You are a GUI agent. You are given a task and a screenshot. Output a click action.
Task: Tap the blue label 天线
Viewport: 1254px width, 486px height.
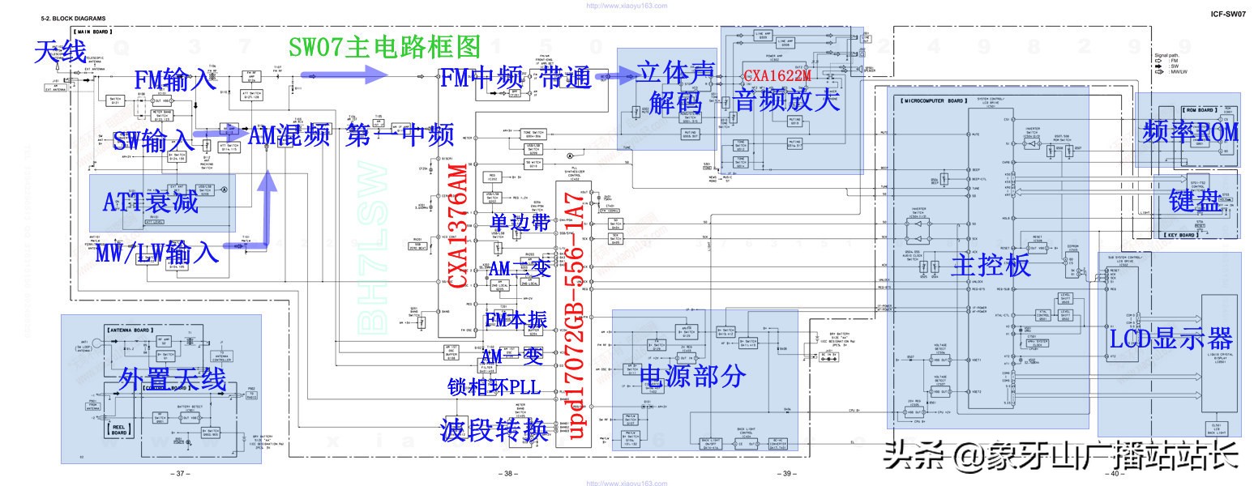coord(59,53)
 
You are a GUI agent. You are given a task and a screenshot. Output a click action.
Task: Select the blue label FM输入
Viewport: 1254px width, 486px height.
coord(176,80)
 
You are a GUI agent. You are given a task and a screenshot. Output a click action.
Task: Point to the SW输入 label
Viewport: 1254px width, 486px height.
coord(153,139)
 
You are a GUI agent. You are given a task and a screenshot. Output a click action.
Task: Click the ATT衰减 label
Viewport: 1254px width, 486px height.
coord(152,200)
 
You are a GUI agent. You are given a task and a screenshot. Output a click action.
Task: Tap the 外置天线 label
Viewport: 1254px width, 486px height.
coord(172,378)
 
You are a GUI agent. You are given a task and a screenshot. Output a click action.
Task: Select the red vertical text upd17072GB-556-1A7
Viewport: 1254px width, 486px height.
coord(574,317)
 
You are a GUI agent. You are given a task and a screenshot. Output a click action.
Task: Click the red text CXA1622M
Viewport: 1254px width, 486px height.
coord(777,76)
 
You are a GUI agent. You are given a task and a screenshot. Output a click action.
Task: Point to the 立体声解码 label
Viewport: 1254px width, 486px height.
coord(674,86)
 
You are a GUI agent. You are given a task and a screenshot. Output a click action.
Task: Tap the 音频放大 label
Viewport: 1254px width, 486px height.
coord(787,100)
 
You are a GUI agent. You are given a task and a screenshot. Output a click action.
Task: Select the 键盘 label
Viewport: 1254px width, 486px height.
coord(1194,202)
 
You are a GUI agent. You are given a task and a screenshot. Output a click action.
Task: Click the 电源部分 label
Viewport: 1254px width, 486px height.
coord(691,374)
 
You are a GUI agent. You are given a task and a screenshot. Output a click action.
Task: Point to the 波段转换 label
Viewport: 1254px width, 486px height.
coord(494,429)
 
